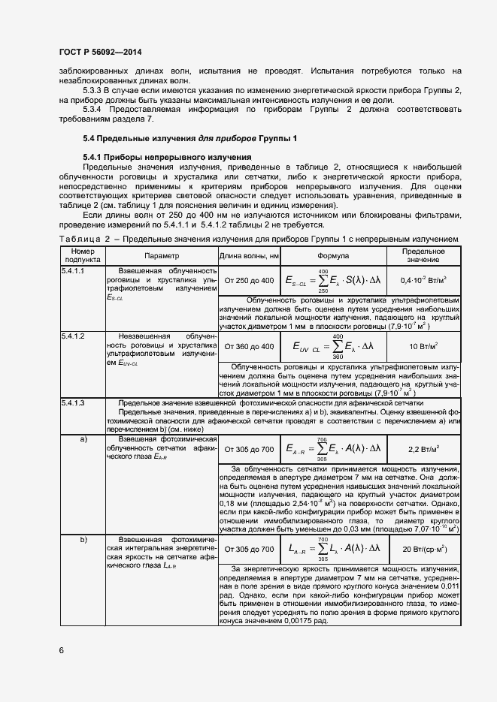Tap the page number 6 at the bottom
point(61,649)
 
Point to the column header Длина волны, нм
point(249,255)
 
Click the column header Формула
point(338,255)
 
